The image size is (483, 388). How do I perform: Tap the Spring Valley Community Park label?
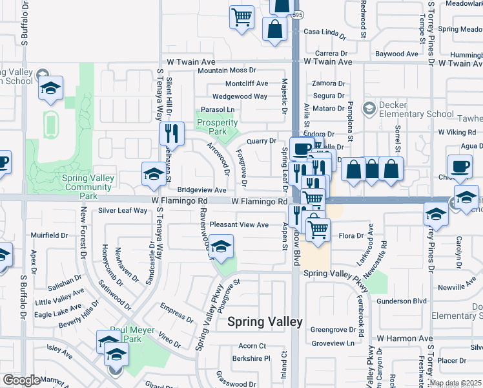88,187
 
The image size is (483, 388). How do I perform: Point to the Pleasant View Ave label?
239,224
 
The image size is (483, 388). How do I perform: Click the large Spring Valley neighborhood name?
265,321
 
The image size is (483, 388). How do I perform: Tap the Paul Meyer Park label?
125,334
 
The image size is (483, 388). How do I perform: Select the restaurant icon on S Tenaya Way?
172,133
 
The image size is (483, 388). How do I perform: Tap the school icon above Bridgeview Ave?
154,173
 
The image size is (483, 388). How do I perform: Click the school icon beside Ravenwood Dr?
221,247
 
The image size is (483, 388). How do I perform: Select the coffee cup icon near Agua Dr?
460,166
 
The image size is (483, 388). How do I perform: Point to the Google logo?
21,380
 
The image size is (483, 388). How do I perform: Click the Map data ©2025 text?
455,383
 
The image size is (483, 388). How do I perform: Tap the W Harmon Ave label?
405,338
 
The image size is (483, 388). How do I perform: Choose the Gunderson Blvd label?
402,301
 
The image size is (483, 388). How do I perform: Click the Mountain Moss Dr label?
227,70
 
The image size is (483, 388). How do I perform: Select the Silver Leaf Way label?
123,211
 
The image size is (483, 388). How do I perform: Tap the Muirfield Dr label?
49,236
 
